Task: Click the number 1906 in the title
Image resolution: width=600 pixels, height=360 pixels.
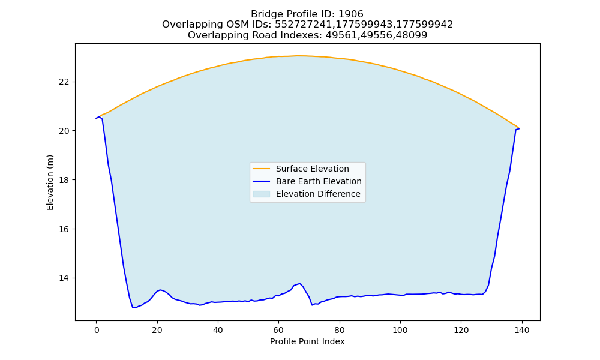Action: (351, 14)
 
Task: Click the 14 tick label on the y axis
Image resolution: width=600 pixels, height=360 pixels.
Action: (64, 278)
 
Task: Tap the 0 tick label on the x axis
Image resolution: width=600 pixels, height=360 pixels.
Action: (97, 330)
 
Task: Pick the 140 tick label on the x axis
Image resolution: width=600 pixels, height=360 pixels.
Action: (522, 330)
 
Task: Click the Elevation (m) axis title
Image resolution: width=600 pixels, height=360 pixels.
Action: (50, 182)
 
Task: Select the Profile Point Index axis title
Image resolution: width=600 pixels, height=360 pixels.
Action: (307, 341)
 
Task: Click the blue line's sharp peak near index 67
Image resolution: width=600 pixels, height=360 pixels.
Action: (299, 283)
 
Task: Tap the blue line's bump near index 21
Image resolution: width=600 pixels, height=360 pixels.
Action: (160, 290)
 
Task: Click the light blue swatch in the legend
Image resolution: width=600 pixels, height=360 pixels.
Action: (262, 194)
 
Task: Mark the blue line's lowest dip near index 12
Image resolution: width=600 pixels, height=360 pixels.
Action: (134, 308)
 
